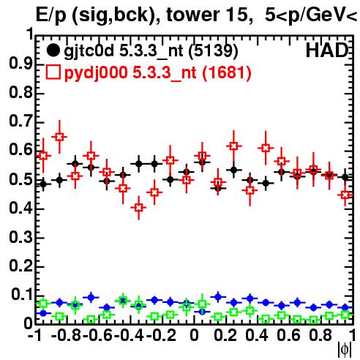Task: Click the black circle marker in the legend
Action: click(53, 50)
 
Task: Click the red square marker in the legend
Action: click(53, 72)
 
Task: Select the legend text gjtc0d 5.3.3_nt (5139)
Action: click(151, 51)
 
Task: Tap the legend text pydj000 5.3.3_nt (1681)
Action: click(157, 73)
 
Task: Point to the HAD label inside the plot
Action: click(327, 50)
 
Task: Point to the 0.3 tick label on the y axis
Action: click(20, 236)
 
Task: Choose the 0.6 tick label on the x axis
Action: click(288, 335)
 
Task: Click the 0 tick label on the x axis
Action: click(194, 335)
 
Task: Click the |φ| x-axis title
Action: click(345, 350)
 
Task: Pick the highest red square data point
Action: click(59, 137)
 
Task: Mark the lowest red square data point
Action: click(138, 208)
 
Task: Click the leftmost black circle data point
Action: click(43, 184)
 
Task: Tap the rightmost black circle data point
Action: click(345, 177)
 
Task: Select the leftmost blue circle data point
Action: click(43, 313)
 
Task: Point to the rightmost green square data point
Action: click(345, 315)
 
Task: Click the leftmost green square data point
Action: click(43, 304)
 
